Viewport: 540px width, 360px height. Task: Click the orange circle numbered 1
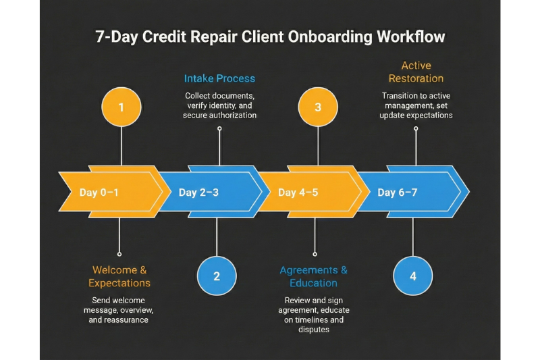tap(121, 107)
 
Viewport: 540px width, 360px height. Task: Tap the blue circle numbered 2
tap(217, 276)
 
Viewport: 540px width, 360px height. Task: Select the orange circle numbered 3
tap(317, 107)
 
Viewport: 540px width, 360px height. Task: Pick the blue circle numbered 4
tap(412, 276)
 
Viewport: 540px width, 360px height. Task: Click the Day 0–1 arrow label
tap(99, 192)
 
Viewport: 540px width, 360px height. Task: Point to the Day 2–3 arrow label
tap(198, 192)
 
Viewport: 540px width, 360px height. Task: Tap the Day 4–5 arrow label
tap(298, 192)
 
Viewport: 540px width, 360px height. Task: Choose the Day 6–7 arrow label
tap(397, 192)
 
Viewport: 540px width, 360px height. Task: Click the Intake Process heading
tap(219, 78)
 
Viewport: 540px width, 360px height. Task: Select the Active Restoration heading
tap(416, 72)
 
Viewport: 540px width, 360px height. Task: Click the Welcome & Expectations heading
tap(119, 276)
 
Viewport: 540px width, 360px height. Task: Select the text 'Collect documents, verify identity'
tap(219, 101)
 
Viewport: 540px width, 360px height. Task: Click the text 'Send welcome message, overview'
tap(119, 305)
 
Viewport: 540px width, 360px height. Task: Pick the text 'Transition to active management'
tap(416, 101)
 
